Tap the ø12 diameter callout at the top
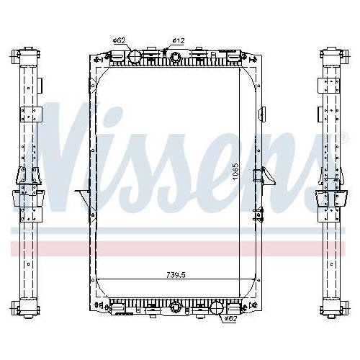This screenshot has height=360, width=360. tap(178, 41)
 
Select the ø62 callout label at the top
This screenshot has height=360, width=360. tap(120, 41)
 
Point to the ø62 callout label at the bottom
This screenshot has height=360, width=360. tap(231, 318)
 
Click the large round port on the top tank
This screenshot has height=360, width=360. tap(134, 56)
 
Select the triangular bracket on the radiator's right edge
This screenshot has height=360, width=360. tap(268, 177)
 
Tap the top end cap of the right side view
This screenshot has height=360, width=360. tap(331, 55)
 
